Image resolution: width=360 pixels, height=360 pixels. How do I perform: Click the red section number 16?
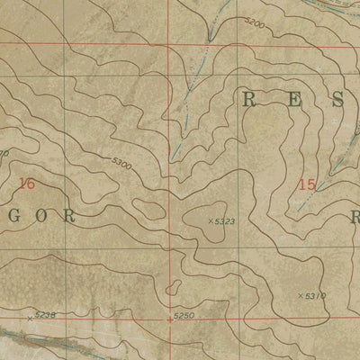27,183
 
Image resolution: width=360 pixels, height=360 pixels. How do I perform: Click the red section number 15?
307,184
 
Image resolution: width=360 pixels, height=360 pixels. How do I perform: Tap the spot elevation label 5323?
226,220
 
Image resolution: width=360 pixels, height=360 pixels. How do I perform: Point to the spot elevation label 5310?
314,295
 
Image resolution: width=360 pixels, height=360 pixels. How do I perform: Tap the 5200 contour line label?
254,26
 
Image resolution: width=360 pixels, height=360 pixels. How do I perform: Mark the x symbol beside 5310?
299,294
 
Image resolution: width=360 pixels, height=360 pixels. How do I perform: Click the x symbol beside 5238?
30,317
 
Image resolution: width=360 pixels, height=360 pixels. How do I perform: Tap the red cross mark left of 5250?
169,319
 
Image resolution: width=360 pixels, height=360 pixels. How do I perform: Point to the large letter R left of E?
249,101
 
